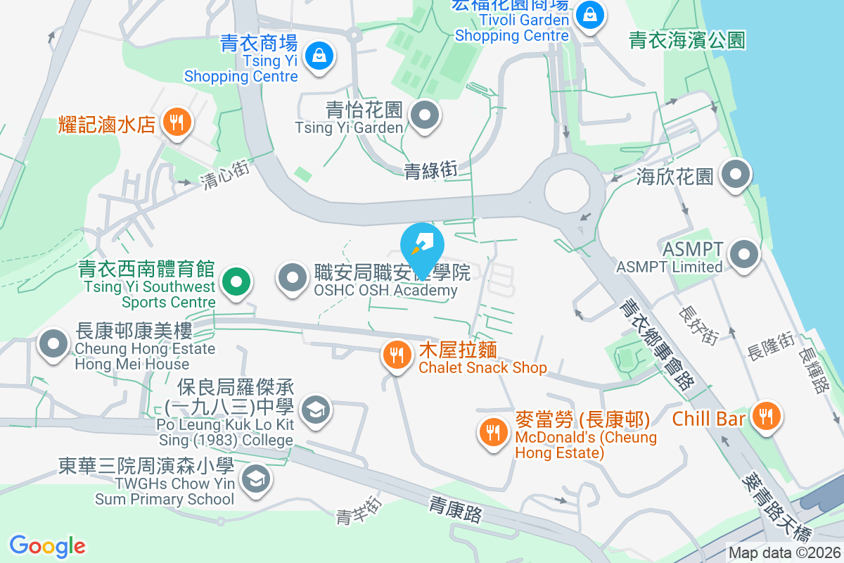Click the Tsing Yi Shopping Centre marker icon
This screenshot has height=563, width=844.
pos(319,55)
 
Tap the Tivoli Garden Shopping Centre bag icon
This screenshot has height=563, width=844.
pos(589,14)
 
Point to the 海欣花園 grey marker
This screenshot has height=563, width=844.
pos(736,173)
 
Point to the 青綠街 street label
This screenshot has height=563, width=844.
pos(430,170)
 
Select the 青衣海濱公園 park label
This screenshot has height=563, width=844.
pos(687,39)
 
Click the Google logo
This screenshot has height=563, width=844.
pos(48,545)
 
